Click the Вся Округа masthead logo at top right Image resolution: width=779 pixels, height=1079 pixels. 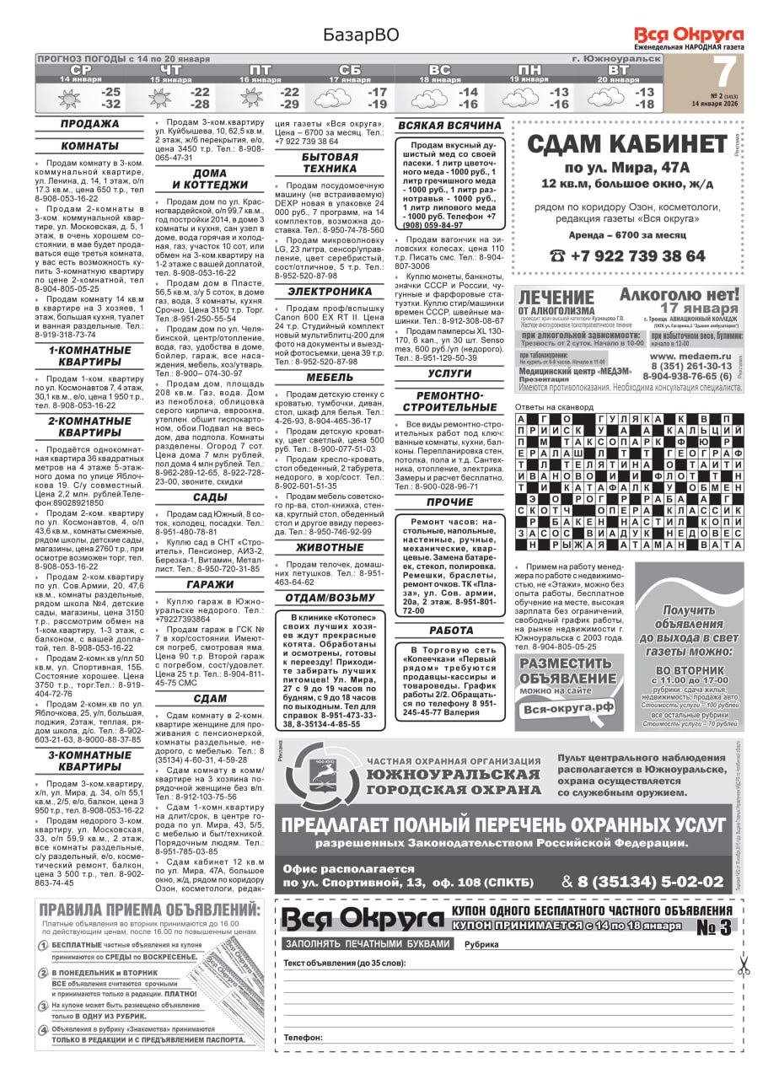click(689, 35)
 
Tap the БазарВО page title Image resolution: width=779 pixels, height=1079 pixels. click(360, 35)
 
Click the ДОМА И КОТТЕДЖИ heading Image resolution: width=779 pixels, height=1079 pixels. click(210, 179)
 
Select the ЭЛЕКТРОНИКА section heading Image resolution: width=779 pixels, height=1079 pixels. click(330, 292)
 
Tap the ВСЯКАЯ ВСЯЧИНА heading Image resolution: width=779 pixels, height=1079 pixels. click(449, 126)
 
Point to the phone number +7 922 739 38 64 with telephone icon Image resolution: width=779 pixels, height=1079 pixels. click(627, 255)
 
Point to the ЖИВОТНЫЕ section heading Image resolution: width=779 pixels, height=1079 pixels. click(330, 547)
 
